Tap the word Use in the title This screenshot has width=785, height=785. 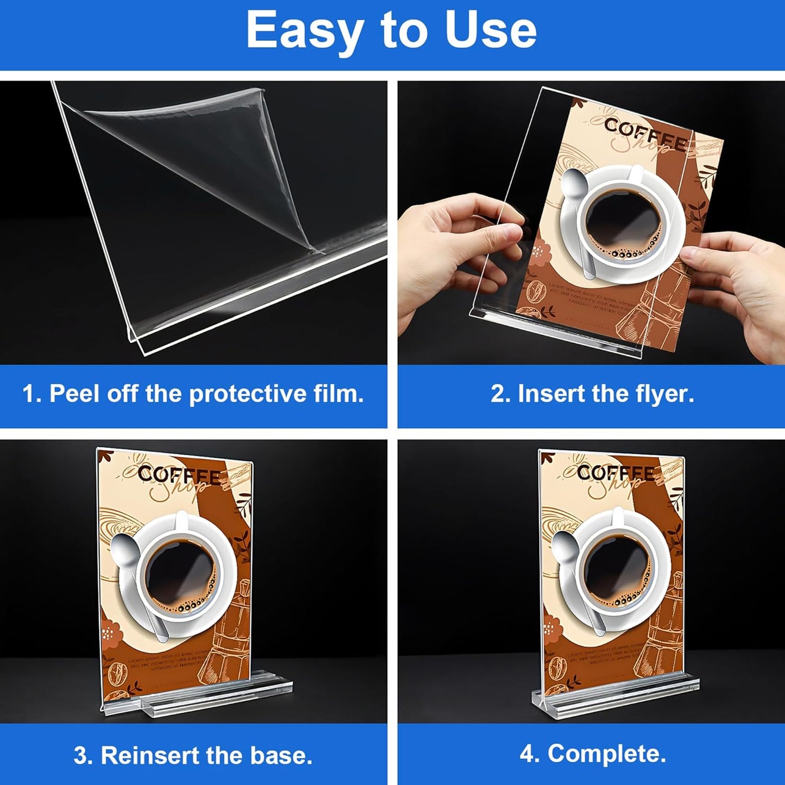[x=491, y=31]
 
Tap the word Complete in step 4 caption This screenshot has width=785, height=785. [x=607, y=754]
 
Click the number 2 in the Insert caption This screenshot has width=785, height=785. [x=498, y=394]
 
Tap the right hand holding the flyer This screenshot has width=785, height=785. [x=739, y=288]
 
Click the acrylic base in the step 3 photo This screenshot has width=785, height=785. [x=217, y=698]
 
